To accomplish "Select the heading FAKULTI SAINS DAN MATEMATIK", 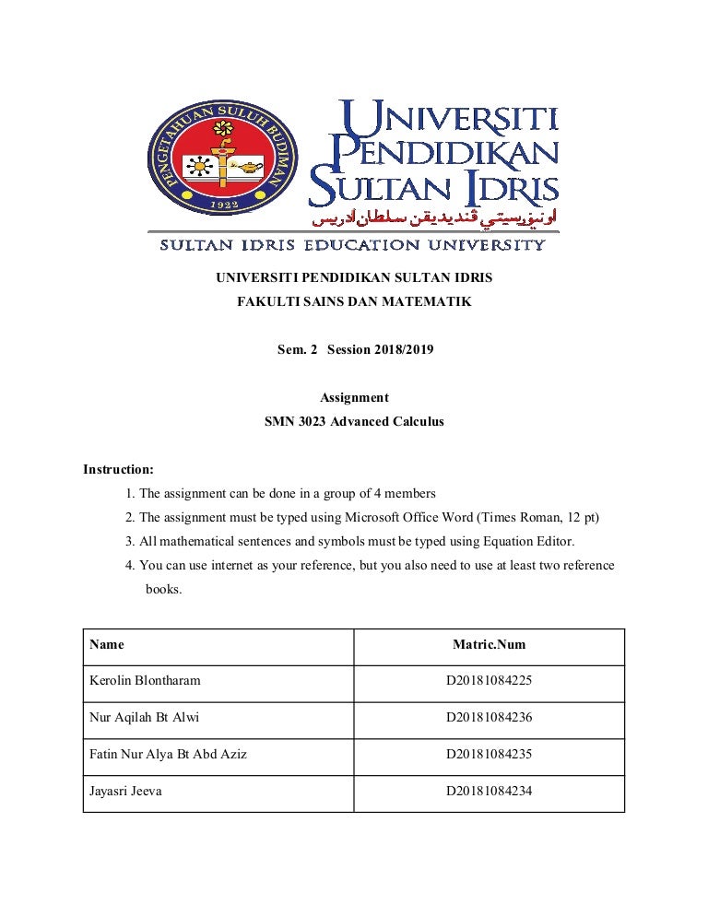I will point(354,301).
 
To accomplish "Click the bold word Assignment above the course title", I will point(354,398).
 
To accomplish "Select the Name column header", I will point(107,645).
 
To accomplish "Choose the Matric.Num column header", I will point(489,645).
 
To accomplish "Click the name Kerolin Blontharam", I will point(145,681).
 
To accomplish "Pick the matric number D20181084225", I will point(489,681).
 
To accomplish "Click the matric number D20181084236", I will point(489,718).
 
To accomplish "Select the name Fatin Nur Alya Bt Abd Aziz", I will point(168,754).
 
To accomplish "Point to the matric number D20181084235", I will point(489,754).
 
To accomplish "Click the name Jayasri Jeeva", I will point(125,791).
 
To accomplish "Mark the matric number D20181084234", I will point(489,791).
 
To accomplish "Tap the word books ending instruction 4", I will point(163,589).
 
